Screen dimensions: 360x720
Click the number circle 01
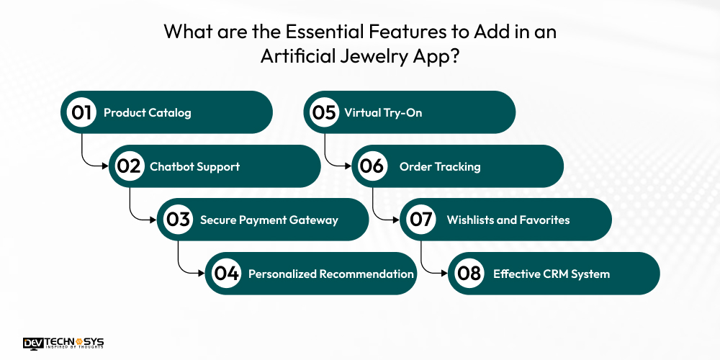coord(81,112)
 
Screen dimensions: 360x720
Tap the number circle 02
coord(130,166)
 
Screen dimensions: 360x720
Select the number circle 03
coord(178,220)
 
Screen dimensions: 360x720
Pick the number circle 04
coord(226,274)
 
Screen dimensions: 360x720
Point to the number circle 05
coord(324,112)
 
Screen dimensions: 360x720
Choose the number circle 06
coord(372,166)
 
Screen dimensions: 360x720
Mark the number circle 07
coord(420,220)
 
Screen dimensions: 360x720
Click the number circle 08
coord(469,274)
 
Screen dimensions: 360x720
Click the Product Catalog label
coord(148,112)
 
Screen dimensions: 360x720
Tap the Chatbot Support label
coord(194,166)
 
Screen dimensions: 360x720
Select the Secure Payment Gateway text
coord(269,220)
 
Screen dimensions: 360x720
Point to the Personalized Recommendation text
coord(331,274)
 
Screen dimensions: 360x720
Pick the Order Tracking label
coord(440,166)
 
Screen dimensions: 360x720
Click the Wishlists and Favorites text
coord(508,220)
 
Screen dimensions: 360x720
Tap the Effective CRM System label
coord(552,274)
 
